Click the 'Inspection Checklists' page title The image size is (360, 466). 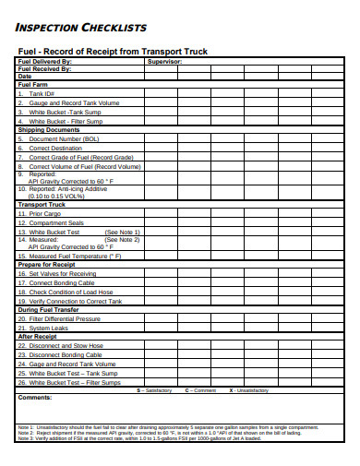point(68,27)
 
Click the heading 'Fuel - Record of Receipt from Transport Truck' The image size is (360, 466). point(114,51)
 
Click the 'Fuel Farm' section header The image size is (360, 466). point(33,85)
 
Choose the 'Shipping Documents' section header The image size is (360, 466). point(47,130)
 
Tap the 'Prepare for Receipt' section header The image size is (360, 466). point(47,264)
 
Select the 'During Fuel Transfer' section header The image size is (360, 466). point(49,309)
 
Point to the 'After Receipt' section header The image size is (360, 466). point(38,336)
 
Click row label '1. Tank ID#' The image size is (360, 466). point(37,93)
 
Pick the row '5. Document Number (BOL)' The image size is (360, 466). point(58,138)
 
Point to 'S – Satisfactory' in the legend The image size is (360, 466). point(154,390)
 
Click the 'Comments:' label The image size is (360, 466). point(35,398)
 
